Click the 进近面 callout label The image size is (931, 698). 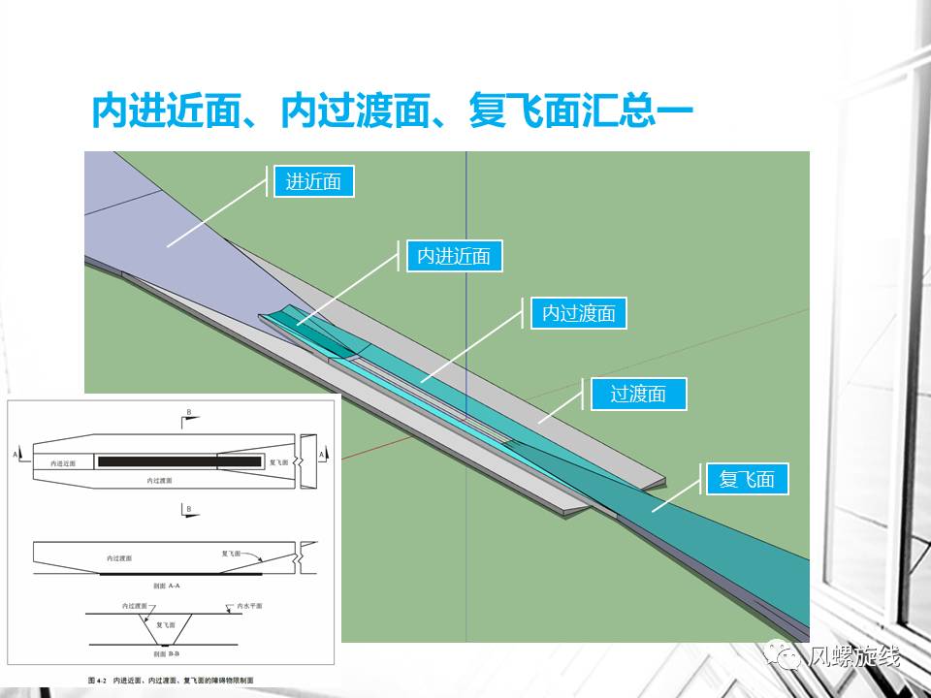(x=313, y=181)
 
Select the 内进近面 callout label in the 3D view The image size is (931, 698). (x=453, y=257)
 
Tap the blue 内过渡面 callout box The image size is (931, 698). (x=578, y=313)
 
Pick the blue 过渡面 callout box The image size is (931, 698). (x=637, y=394)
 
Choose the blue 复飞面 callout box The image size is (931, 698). (x=747, y=479)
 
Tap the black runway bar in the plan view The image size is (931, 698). (x=179, y=461)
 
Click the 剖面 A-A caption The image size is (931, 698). (x=167, y=586)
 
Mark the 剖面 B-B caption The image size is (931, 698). (x=167, y=656)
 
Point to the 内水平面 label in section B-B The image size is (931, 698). (x=250, y=606)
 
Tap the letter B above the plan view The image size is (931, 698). (x=187, y=413)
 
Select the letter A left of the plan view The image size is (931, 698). (x=16, y=453)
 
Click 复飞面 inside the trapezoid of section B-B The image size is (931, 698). (x=166, y=625)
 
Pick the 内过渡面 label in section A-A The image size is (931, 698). (x=120, y=558)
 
